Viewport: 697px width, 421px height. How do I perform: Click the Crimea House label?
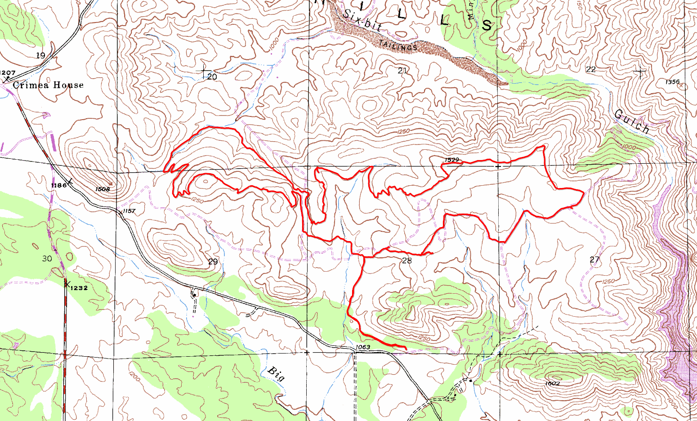pos(48,85)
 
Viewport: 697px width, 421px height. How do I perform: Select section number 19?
pos(40,56)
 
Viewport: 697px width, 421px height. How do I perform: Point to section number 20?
pos(212,77)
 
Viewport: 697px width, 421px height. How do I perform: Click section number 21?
pos(402,70)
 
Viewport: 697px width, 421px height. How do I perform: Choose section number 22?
pos(591,69)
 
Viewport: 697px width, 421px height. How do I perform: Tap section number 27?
pos(594,260)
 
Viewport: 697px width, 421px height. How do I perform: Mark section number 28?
pos(407,260)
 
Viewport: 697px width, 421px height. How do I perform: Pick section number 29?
pos(213,262)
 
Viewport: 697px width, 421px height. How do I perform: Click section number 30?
pos(47,259)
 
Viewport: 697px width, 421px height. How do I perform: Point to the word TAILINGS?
pos(398,45)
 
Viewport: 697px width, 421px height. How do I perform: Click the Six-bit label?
pos(362,21)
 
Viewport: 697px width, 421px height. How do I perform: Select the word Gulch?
pos(632,122)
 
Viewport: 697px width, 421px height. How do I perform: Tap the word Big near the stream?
pos(276,374)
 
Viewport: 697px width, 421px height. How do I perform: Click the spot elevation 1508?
pos(103,189)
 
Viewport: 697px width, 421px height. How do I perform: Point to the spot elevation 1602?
pos(552,383)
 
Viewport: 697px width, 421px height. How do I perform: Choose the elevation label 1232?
pos(79,288)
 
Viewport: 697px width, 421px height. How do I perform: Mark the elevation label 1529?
pos(451,160)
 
